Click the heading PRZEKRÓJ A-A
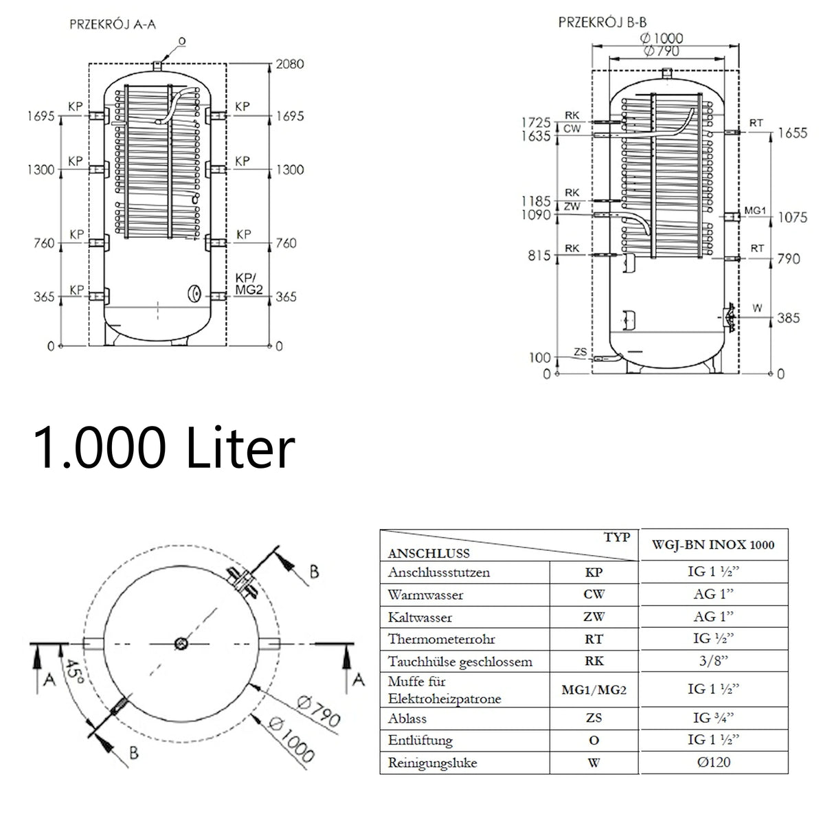113,24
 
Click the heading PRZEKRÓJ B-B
603,23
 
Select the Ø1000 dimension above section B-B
662,38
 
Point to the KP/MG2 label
249,283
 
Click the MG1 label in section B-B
754,210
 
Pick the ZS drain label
581,352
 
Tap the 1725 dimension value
536,122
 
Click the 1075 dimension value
792,217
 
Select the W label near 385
757,308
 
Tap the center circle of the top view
181,644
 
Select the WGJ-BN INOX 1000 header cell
714,545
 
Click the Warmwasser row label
425,594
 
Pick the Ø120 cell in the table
714,762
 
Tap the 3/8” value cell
714,661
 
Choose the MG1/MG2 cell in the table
594,690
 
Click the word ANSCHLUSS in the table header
429,553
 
